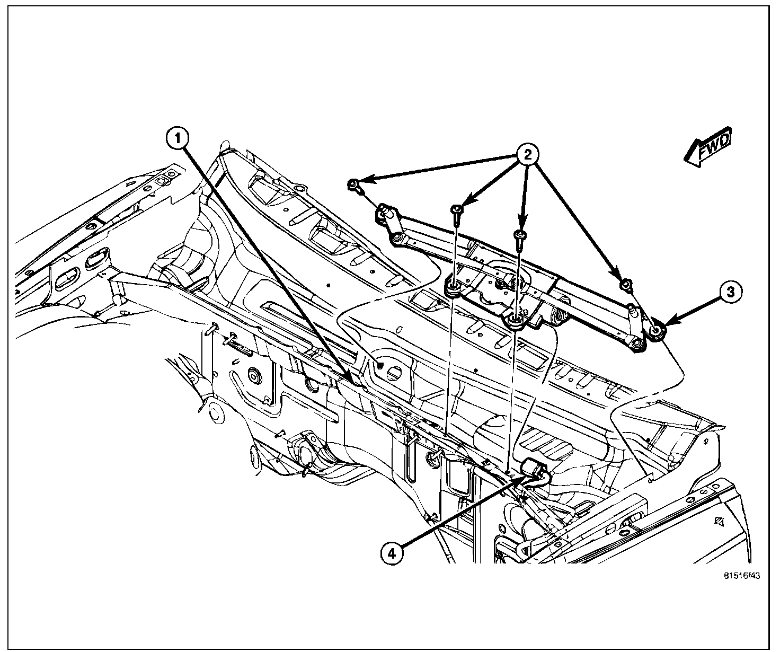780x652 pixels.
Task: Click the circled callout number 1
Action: point(178,139)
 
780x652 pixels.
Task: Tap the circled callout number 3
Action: point(730,293)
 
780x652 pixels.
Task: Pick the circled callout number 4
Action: point(391,554)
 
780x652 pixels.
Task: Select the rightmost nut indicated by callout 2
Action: point(626,286)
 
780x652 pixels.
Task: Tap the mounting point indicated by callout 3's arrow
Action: point(656,331)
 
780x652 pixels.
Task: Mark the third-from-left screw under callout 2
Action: point(521,235)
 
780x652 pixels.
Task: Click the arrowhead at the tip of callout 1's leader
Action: point(349,377)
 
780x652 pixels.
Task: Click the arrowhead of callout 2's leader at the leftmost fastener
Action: point(365,181)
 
